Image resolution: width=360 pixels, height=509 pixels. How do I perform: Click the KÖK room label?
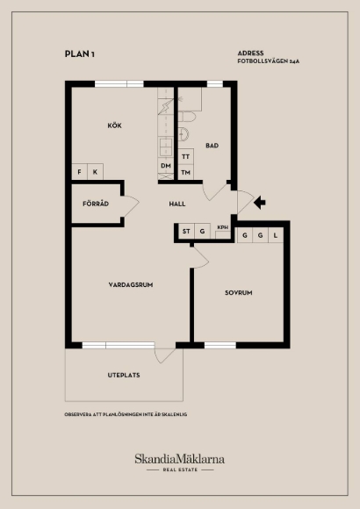point(114,125)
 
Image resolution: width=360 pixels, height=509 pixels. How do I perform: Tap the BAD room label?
point(212,146)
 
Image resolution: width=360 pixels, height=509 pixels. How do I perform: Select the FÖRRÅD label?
point(96,204)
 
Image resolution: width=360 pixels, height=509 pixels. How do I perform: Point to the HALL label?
point(177,204)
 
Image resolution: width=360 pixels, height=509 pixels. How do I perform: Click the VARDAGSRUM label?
point(131,284)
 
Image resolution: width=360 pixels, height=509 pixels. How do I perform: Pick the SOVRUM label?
point(239,293)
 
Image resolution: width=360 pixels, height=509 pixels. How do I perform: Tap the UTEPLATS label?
point(124,376)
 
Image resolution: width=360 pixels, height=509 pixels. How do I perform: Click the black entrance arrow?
point(260,203)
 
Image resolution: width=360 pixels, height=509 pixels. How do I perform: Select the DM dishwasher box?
point(166,166)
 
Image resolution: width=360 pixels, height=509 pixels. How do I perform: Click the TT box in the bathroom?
point(185,157)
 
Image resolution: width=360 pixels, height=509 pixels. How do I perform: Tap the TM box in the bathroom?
point(185,172)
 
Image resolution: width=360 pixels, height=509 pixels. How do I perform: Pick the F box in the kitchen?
point(79,172)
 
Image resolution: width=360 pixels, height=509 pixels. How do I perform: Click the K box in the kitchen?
point(95,172)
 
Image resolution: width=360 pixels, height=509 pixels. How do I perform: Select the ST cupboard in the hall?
point(186,231)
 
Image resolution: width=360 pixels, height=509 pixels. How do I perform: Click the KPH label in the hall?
point(222,227)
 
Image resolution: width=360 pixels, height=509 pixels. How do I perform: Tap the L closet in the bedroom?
point(276,235)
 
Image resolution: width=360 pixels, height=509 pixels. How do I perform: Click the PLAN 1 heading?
point(80,54)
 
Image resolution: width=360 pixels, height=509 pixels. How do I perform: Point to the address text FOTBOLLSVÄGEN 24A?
point(269,61)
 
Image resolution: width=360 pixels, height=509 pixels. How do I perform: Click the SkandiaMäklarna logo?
point(180,462)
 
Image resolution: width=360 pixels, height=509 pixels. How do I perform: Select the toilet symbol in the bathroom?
point(187,117)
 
